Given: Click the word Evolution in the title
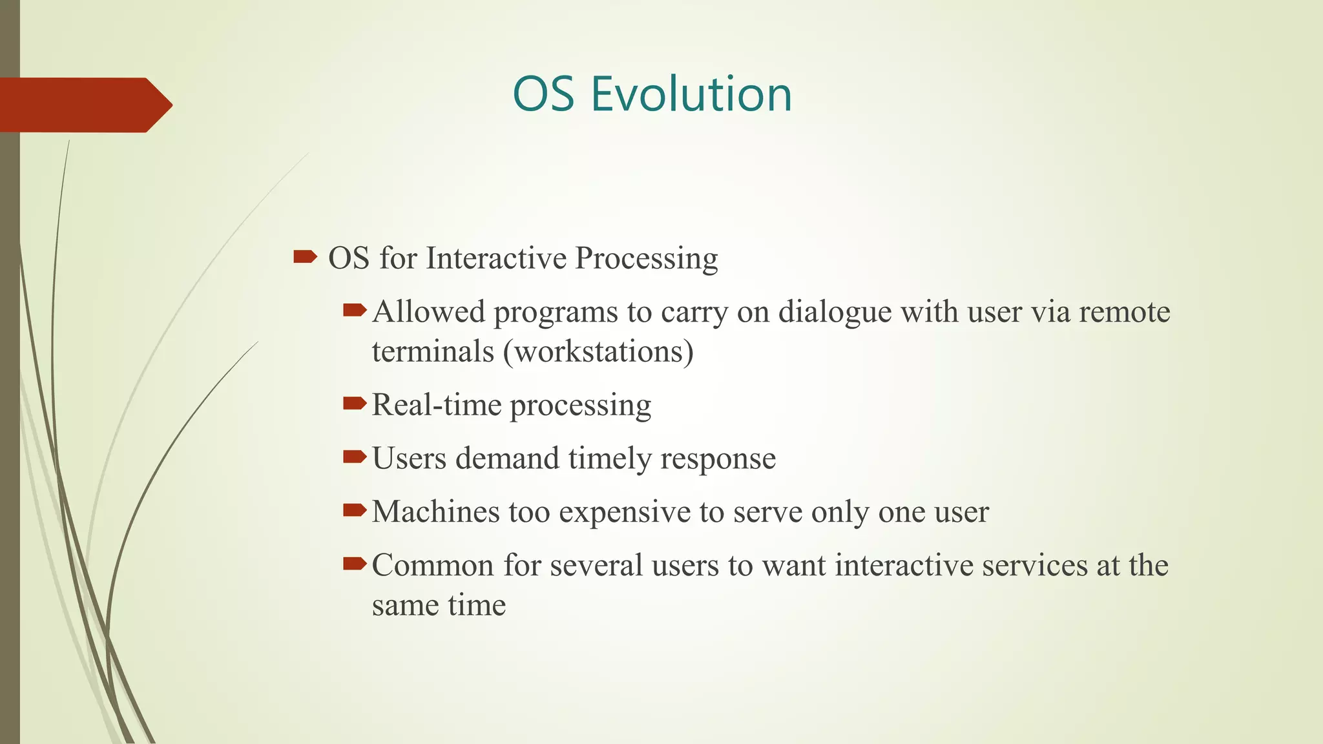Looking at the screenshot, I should pos(691,94).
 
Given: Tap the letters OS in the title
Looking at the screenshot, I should pos(543,94).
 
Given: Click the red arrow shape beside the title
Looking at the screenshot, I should pos(84,105).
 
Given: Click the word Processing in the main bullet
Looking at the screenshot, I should pos(646,258).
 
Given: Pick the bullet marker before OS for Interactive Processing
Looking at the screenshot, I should pos(304,258).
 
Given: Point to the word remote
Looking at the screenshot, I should pos(1124,312).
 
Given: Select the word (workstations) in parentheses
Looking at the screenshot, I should pos(598,352).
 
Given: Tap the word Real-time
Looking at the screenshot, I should pos(436,406).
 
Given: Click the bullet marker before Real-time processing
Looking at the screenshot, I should pos(354,404).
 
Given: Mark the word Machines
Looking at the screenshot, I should pos(435,512).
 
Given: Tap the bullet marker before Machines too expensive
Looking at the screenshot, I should pos(354,511).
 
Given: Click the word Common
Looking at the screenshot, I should pos(433,565).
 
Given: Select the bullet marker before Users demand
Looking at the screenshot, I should pos(354,458).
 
